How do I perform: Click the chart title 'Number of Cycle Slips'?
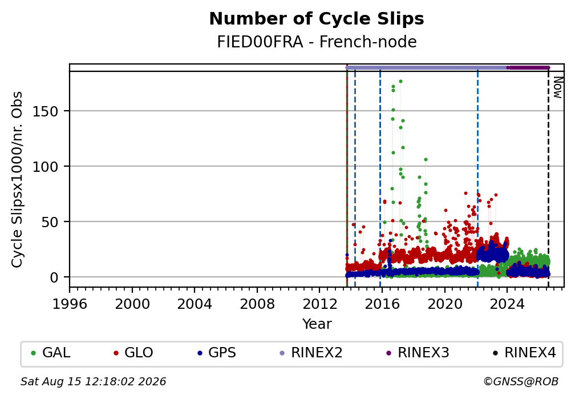click(317, 19)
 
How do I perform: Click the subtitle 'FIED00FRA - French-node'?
click(317, 42)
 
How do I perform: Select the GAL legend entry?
click(51, 352)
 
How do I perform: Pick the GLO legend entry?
click(133, 352)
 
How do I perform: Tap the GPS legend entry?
click(216, 352)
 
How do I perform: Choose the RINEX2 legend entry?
click(311, 352)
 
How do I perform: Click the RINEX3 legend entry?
click(418, 352)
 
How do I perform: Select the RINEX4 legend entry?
click(524, 352)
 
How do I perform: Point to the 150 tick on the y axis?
click(46, 111)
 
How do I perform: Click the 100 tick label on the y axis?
click(46, 167)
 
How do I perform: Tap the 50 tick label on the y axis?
click(50, 222)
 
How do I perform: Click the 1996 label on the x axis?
click(70, 304)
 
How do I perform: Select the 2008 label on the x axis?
click(257, 304)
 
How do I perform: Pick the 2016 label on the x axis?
click(382, 304)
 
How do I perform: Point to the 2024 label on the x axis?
click(507, 304)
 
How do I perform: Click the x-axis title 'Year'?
click(317, 324)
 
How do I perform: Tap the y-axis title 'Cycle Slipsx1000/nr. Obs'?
click(17, 179)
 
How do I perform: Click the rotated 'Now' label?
click(557, 87)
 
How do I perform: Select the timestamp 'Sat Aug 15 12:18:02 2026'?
click(93, 381)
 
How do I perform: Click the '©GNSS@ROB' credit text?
click(521, 381)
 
